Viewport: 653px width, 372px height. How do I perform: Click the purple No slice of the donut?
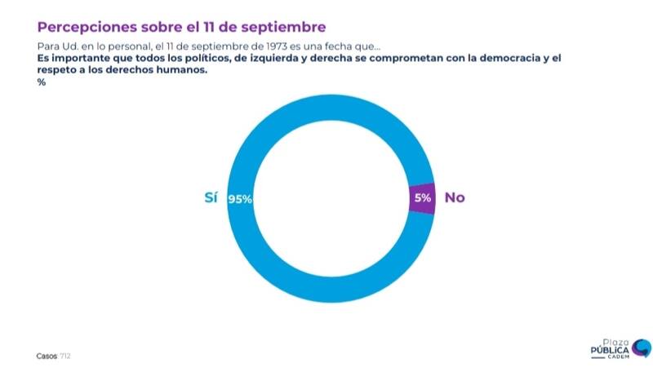click(x=421, y=198)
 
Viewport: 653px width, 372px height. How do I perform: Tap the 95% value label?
click(x=240, y=199)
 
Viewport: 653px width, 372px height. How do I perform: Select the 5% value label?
click(x=423, y=198)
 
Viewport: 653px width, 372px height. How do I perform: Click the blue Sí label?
click(x=211, y=198)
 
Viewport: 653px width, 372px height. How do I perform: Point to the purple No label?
click(x=454, y=198)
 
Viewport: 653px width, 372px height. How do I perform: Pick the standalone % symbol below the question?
click(x=41, y=82)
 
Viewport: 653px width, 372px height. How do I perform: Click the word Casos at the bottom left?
click(x=47, y=356)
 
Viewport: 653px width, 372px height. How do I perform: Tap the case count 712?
click(x=67, y=356)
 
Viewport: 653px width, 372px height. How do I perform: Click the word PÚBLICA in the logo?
click(x=610, y=349)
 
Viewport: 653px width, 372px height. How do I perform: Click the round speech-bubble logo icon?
click(x=642, y=348)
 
